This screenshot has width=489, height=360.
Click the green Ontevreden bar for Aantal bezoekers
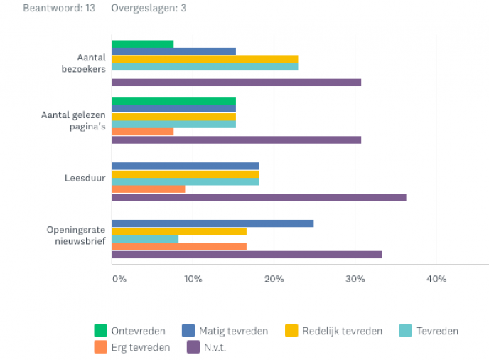pyautogui.click(x=143, y=44)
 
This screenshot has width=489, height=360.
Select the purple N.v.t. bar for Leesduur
pyautogui.click(x=259, y=197)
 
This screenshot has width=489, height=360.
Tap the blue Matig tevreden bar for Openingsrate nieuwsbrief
pyautogui.click(x=213, y=223)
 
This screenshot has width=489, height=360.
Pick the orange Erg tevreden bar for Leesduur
pyautogui.click(x=149, y=189)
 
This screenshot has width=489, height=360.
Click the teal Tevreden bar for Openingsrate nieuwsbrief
pyautogui.click(x=145, y=239)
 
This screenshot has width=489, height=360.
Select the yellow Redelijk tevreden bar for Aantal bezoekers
pyautogui.click(x=205, y=60)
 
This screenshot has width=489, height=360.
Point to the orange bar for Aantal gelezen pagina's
pyautogui.click(x=143, y=132)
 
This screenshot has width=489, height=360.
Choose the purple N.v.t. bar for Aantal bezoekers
pyautogui.click(x=237, y=83)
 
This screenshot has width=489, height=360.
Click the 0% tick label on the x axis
pyautogui.click(x=119, y=279)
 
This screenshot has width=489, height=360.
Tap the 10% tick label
pyautogui.click(x=193, y=279)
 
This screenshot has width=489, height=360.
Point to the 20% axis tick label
pyautogui.click(x=274, y=279)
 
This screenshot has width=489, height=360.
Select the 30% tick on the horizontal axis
pyautogui.click(x=355, y=279)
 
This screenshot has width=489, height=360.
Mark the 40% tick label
pyautogui.click(x=436, y=279)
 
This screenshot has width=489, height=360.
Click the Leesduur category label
pyautogui.click(x=85, y=178)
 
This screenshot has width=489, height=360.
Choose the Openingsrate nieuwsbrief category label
pyautogui.click(x=77, y=235)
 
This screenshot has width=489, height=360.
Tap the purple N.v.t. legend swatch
pyautogui.click(x=193, y=348)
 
